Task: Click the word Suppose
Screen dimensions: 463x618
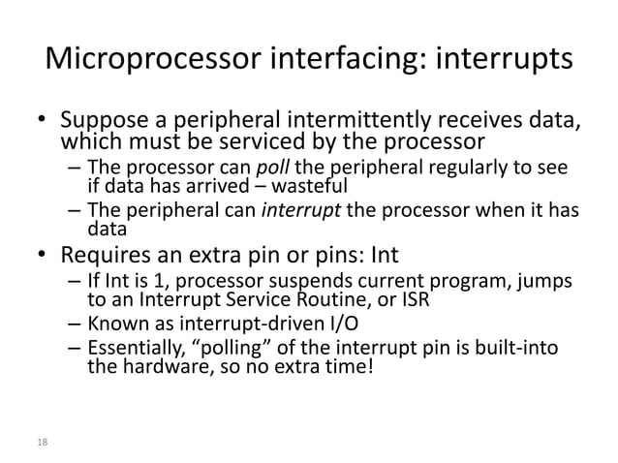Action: click(x=105, y=123)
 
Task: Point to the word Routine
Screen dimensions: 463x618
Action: click(x=336, y=299)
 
